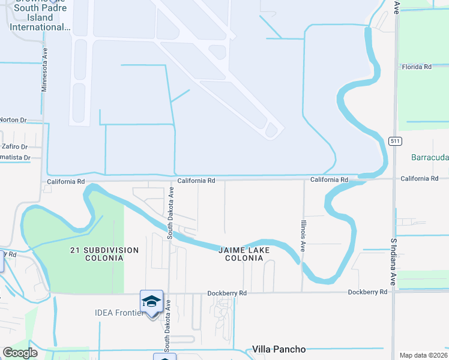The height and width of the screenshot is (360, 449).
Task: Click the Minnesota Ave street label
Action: point(44,71)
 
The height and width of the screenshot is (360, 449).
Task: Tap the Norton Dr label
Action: point(13,120)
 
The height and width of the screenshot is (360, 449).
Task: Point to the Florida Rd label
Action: point(417,67)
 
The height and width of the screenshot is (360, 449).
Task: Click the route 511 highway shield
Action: point(394,141)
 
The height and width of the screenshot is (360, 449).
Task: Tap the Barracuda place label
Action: point(430,158)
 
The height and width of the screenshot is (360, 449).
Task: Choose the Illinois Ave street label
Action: point(304,235)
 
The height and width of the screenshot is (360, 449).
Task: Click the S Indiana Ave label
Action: point(394,263)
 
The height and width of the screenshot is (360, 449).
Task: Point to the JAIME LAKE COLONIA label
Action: point(244,254)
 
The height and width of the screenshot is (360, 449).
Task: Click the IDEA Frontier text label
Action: point(120,313)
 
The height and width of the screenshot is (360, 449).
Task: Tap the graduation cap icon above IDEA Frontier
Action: point(151,301)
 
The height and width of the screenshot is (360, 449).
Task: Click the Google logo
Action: point(20,353)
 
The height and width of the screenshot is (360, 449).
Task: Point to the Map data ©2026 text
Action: point(423,355)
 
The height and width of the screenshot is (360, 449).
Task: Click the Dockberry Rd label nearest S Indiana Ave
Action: point(367,292)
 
